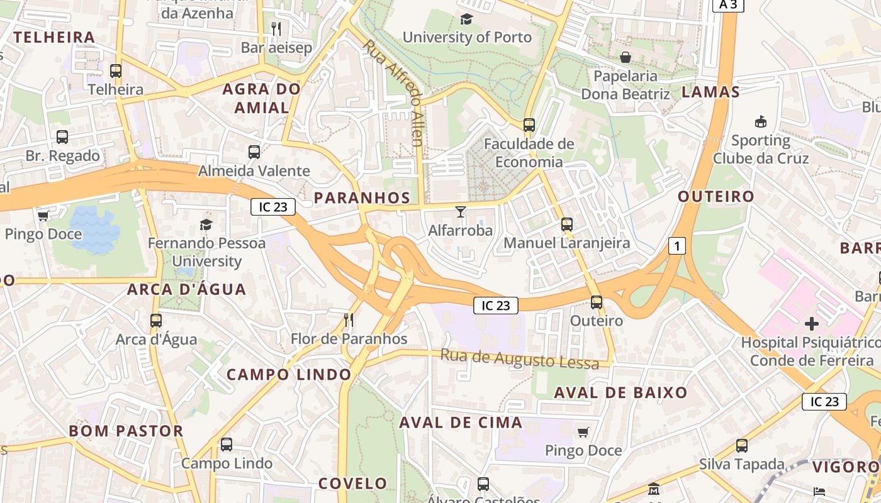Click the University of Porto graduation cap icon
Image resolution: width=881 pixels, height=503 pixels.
(466, 19)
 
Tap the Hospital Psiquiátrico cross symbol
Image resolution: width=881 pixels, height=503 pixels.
(812, 324)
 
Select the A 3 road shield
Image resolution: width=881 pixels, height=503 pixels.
(728, 5)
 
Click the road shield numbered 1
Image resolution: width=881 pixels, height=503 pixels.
(676, 246)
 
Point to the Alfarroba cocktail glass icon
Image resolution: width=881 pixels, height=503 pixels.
(461, 211)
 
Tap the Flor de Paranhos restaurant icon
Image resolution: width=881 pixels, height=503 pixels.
(349, 320)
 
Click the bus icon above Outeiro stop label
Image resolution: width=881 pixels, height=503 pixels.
(597, 302)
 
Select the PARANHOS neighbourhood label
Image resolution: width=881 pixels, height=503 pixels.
(362, 197)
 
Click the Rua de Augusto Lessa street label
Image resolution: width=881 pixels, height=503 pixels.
(519, 359)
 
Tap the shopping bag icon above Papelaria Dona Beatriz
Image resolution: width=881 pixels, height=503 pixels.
(626, 58)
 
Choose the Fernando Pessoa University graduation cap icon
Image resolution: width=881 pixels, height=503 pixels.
(206, 224)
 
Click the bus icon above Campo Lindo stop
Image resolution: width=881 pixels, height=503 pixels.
(227, 445)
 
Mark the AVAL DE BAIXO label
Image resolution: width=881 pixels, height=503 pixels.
(620, 393)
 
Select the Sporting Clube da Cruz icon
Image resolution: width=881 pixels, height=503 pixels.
(760, 121)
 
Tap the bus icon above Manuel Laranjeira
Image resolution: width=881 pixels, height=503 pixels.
(567, 224)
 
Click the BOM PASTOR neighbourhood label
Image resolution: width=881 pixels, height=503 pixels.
(126, 431)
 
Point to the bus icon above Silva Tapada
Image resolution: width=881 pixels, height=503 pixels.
(742, 446)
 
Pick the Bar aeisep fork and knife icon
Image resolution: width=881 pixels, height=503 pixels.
(276, 28)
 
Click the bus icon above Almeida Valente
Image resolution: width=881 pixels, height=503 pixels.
(254, 152)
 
